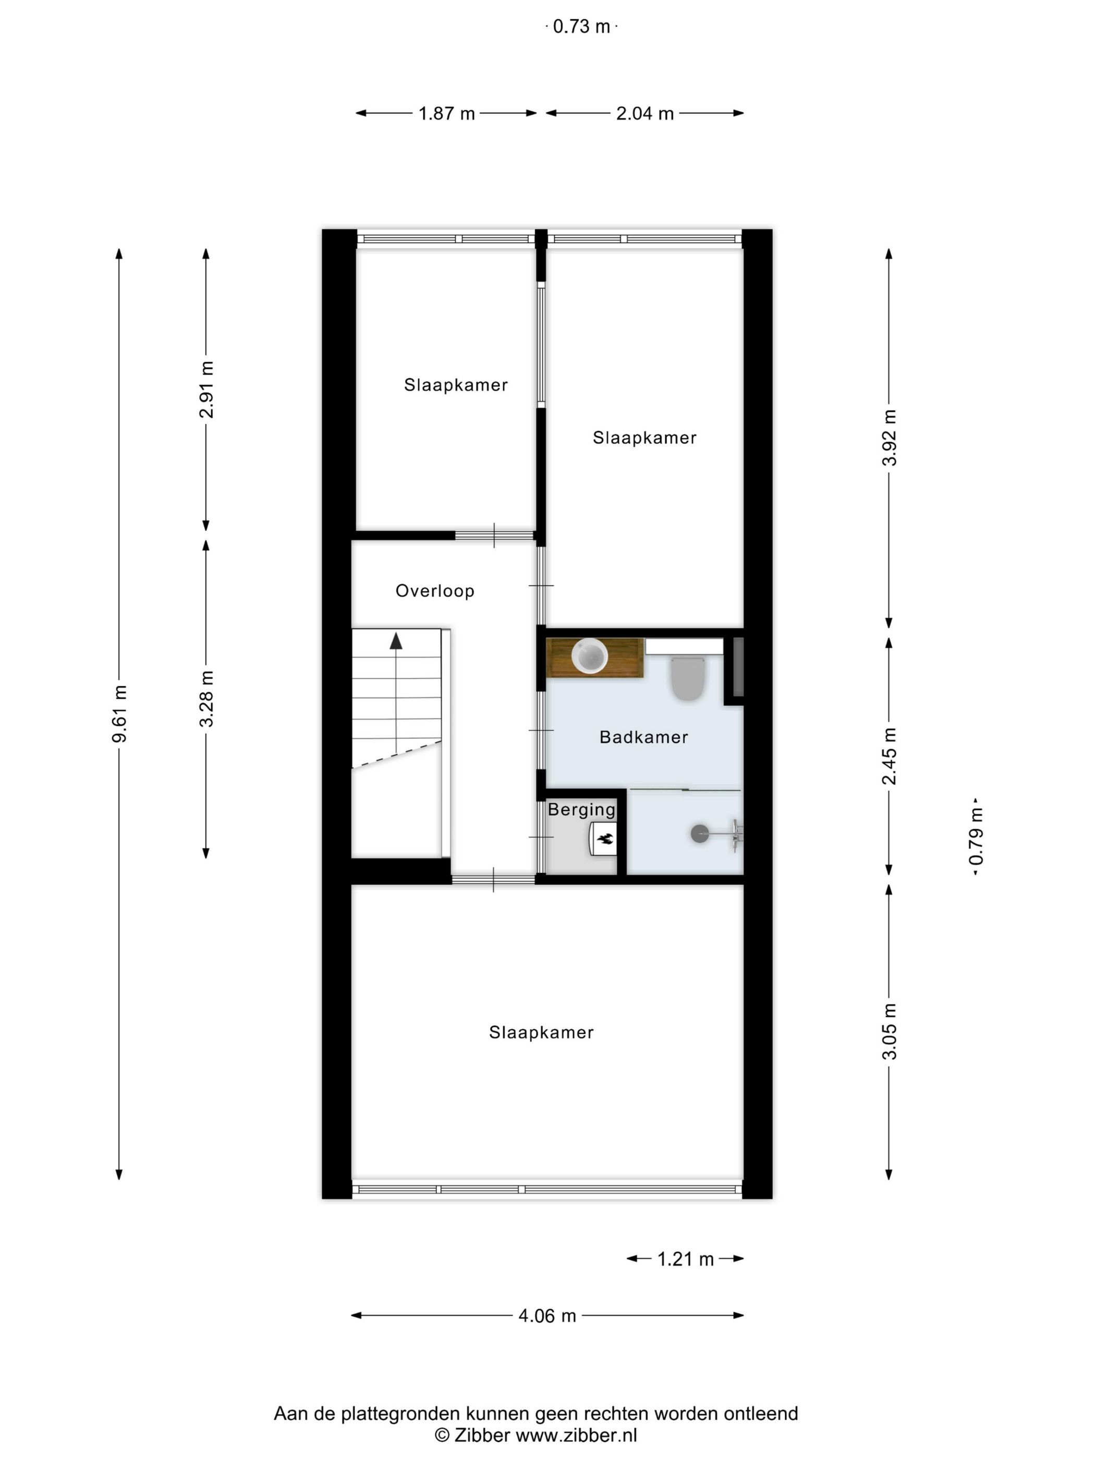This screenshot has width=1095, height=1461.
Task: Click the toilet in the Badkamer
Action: coord(688,678)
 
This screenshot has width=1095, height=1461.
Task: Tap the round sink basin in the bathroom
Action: coord(589,656)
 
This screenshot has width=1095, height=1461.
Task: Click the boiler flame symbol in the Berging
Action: coord(604,839)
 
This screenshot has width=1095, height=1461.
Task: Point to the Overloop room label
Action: coord(434,591)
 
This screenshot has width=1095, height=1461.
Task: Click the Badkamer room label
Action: coord(643,737)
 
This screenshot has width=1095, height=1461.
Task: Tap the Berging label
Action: coord(581,810)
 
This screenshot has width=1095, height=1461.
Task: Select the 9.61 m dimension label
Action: coord(119,713)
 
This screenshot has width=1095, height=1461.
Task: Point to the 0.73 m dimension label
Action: coord(581,27)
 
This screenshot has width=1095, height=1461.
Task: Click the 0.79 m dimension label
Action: coord(976,836)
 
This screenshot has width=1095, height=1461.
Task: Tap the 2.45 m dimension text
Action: coord(889,756)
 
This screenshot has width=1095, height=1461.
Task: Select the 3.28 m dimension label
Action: coord(206,698)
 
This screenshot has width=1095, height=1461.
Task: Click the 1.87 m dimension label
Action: coord(446,114)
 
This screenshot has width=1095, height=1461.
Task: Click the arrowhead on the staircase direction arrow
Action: coord(395,641)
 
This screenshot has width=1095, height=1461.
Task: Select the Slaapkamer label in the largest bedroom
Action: coord(541,1032)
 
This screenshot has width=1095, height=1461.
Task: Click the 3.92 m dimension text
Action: coord(889,437)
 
